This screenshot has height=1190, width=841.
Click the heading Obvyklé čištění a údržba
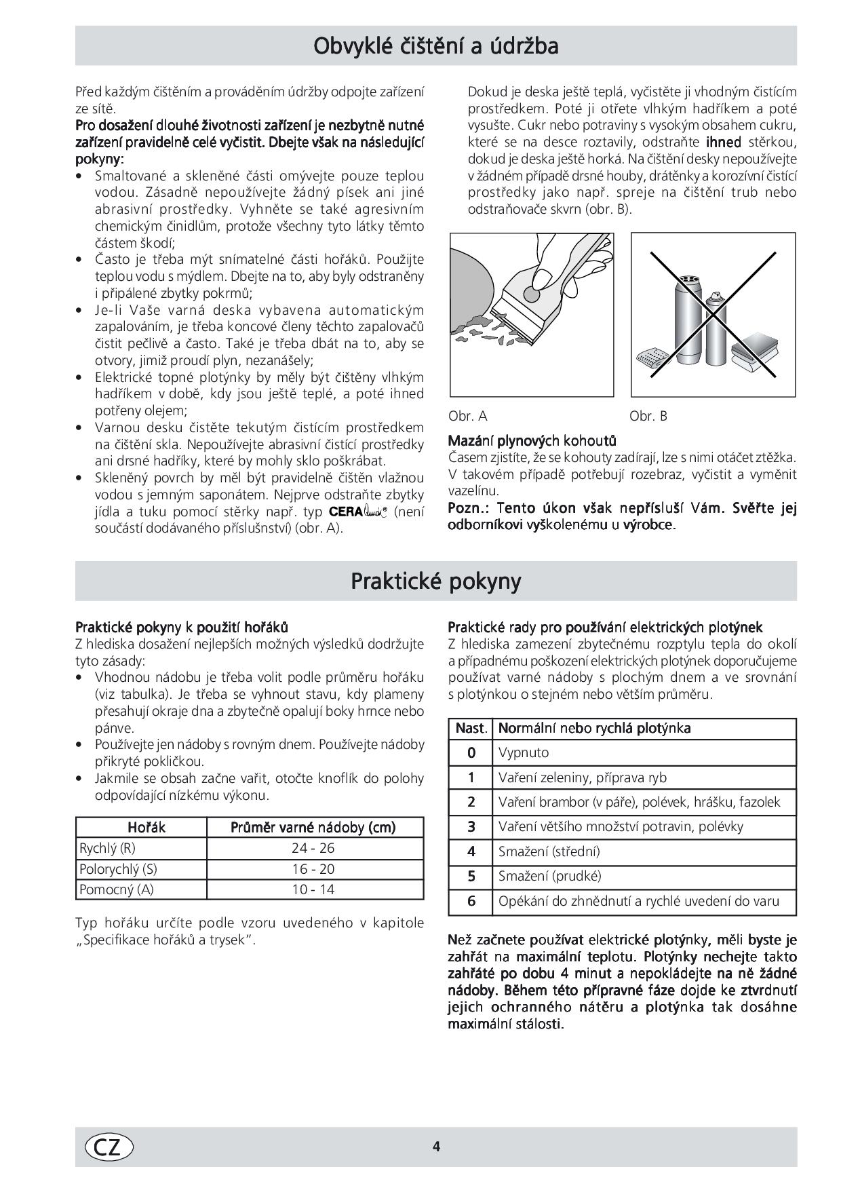[x=435, y=46]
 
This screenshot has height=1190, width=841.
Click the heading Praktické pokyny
[x=435, y=581]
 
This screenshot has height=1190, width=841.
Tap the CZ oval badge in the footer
[x=109, y=1146]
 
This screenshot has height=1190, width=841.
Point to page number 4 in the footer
[x=436, y=1147]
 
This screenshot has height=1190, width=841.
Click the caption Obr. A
[x=468, y=416]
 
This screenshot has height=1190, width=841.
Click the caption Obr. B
[x=648, y=416]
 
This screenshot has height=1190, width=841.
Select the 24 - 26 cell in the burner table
[x=313, y=848]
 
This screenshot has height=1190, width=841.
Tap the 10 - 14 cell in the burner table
[x=313, y=889]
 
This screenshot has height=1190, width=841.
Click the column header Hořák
[x=146, y=827]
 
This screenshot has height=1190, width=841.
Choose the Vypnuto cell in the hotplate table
[x=524, y=752]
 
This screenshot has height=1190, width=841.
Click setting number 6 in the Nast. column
[x=471, y=901]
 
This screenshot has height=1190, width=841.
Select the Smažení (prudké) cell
[x=549, y=876]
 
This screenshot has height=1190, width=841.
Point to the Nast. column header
[x=471, y=728]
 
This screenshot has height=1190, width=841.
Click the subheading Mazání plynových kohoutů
[x=532, y=441]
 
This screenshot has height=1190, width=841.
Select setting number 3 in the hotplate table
[x=471, y=826]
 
